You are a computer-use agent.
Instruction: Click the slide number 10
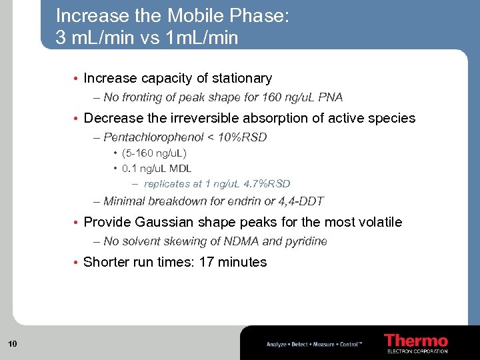click(x=12, y=344)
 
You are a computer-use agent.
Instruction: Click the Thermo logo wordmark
click(x=416, y=340)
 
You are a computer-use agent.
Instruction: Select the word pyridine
click(x=307, y=241)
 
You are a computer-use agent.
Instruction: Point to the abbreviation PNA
click(x=330, y=97)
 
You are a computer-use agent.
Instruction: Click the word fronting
click(x=141, y=97)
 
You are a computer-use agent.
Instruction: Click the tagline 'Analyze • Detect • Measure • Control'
click(x=314, y=344)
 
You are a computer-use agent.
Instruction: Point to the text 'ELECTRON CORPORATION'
click(x=417, y=351)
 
